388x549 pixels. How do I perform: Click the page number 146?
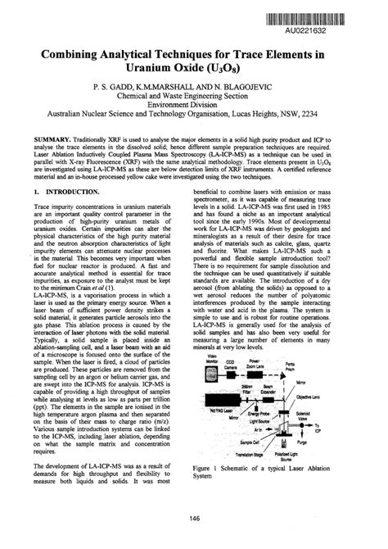coord(194,517)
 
